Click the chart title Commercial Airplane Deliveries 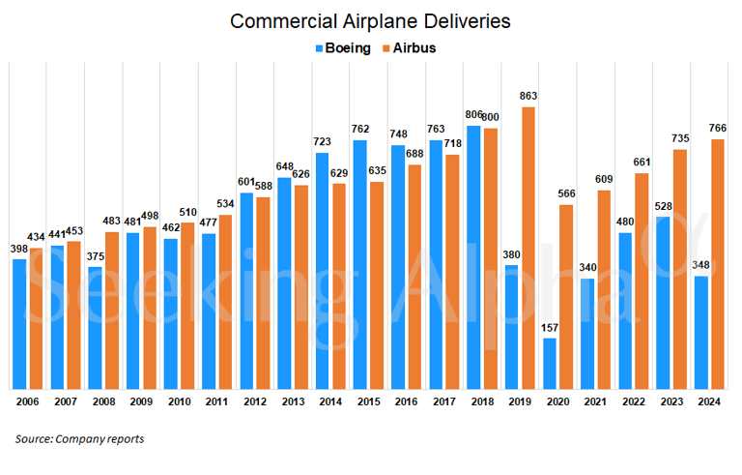coord(371,20)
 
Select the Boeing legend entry coord(342,48)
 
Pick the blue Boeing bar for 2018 coord(473,255)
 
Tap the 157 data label coord(550,329)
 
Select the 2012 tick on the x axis coord(256,401)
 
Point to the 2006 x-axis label coord(29,401)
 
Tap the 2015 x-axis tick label coord(369,401)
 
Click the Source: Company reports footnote coord(79,439)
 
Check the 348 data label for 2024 coord(700,267)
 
